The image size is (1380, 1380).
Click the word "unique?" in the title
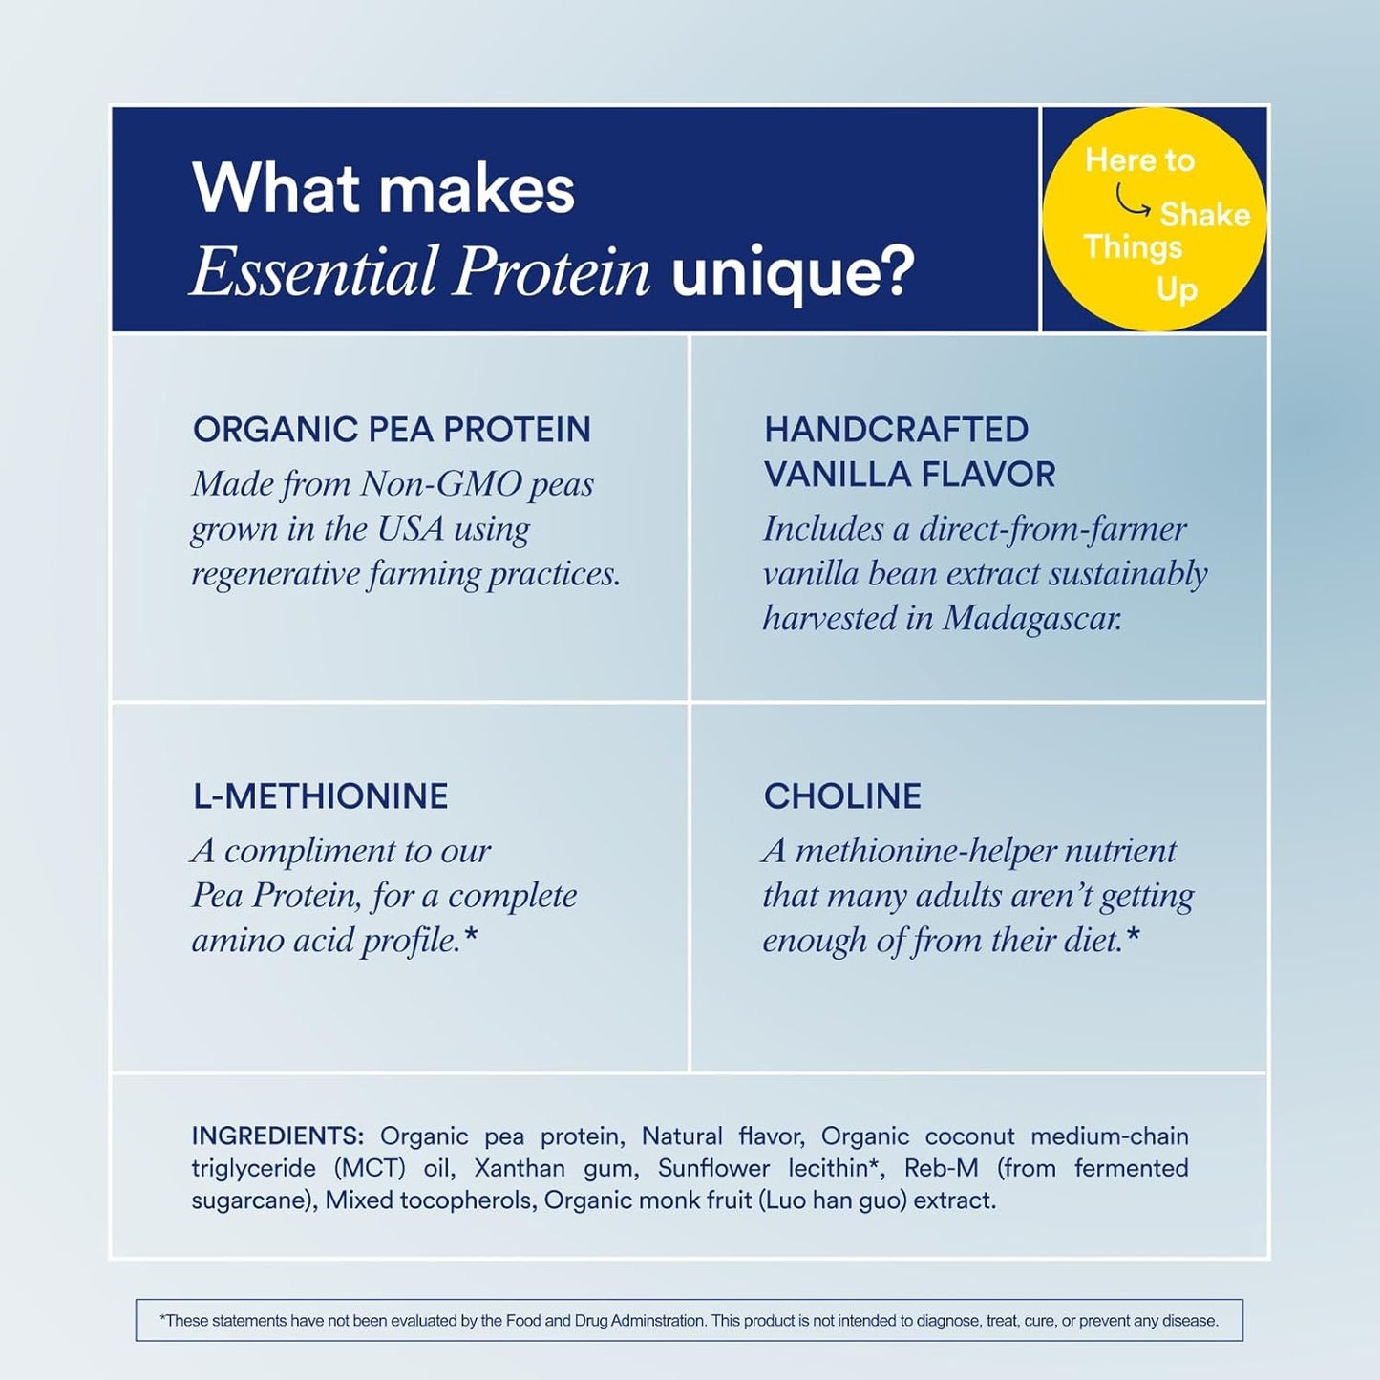tap(792, 272)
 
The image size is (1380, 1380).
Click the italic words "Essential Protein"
tap(420, 272)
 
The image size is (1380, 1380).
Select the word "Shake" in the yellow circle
tap(1204, 215)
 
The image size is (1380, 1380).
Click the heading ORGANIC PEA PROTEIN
tap(392, 430)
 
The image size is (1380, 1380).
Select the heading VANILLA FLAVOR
tap(909, 475)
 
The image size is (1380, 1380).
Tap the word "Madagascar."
tap(1032, 619)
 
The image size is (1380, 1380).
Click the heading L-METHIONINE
tap(320, 796)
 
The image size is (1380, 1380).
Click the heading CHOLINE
tap(842, 796)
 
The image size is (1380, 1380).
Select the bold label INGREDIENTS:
tap(277, 1136)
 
